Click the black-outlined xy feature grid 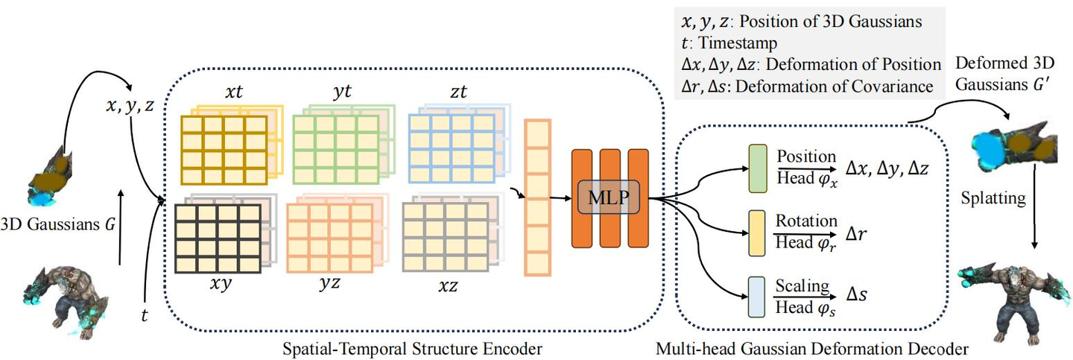216,237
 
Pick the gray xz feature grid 445,237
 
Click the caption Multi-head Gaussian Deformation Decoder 811,347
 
